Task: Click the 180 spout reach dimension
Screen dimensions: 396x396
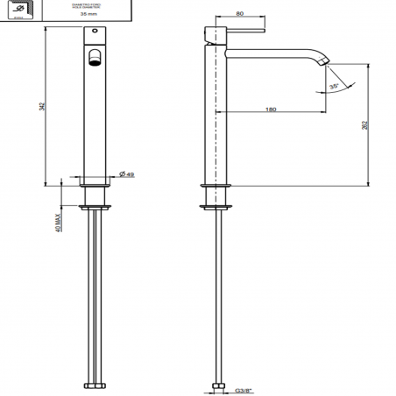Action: [271, 110]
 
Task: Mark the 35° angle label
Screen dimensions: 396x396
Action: [334, 87]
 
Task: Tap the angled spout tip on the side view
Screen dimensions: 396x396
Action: [328, 60]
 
